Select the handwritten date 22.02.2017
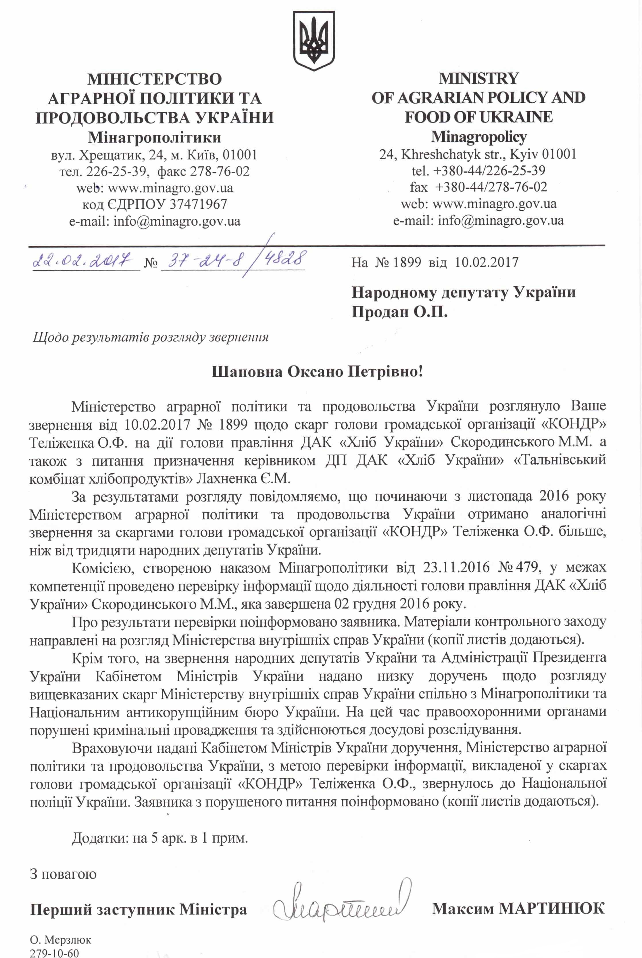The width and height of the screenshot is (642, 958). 82,260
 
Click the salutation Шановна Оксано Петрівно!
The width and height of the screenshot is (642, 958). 317,372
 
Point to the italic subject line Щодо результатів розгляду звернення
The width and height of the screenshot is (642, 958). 151,337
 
